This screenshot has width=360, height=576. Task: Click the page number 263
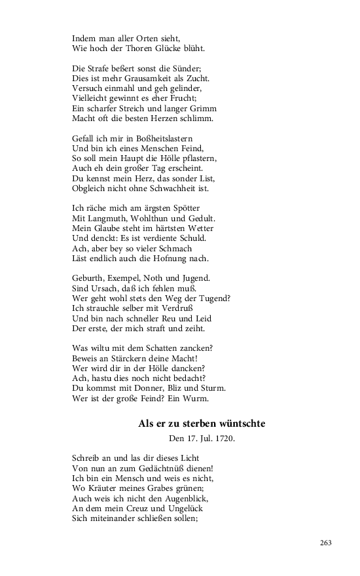coord(327,543)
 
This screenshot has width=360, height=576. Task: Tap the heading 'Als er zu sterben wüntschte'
coord(202,424)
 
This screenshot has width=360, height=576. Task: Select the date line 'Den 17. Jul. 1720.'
coord(202,439)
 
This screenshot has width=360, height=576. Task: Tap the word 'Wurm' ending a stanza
coord(212,398)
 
